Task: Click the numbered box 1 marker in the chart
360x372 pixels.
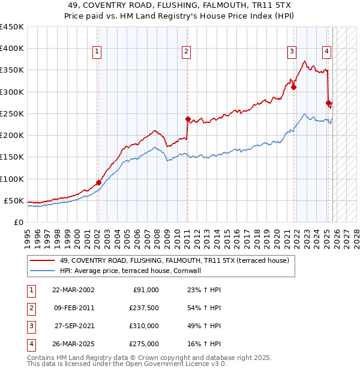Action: (x=97, y=52)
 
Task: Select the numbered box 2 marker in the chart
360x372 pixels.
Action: (x=187, y=52)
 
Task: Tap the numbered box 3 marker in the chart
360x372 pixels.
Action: (x=292, y=52)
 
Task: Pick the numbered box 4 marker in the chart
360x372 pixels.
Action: (x=327, y=52)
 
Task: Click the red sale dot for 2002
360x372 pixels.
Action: (x=98, y=182)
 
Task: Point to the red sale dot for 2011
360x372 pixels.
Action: (x=188, y=119)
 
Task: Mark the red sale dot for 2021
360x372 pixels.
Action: (x=293, y=87)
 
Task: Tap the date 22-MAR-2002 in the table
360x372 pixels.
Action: (x=73, y=290)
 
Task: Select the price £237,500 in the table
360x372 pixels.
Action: (x=145, y=308)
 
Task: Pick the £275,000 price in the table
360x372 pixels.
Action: (x=145, y=344)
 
